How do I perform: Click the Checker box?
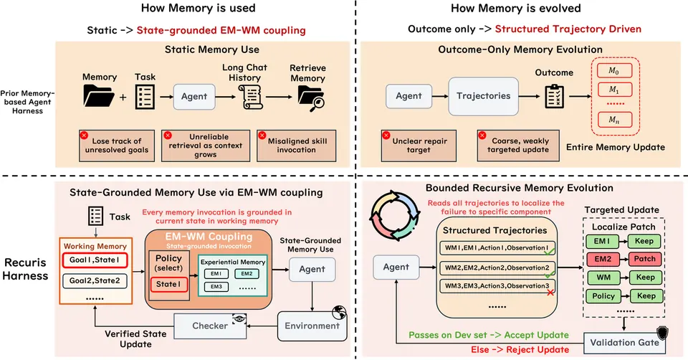[210, 326]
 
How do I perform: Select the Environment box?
[312, 326]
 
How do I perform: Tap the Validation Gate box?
[624, 343]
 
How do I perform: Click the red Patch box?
[644, 259]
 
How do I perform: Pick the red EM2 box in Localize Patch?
[603, 259]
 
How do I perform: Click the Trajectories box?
[483, 96]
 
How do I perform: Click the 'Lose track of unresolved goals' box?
[117, 146]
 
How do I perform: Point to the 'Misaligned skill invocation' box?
[297, 146]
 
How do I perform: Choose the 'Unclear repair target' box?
[419, 146]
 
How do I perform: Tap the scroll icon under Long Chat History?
[251, 97]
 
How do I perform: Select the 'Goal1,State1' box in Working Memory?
[95, 260]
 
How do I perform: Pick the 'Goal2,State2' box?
[95, 280]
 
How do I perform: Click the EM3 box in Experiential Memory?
[216, 287]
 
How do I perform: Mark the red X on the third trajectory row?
[550, 292]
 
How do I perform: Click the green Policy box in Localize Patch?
[603, 296]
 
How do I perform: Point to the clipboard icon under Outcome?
[554, 96]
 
